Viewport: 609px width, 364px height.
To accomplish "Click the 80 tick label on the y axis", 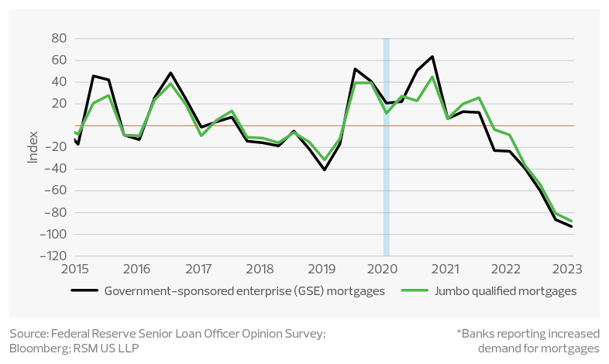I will tap(59, 38).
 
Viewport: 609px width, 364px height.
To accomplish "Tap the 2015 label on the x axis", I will tap(74, 269).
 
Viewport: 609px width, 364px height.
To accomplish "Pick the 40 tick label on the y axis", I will tap(59, 81).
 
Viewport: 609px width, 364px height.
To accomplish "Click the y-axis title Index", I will tap(33, 147).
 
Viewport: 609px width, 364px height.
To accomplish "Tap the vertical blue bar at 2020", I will tap(386, 147).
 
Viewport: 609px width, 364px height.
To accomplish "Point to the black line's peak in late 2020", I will tap(432, 57).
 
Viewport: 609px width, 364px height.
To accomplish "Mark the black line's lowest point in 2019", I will tap(324, 170).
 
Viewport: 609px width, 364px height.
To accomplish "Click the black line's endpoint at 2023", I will tap(573, 226).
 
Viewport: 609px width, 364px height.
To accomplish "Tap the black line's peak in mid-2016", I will tap(170, 73).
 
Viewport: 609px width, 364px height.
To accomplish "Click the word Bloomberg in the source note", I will tap(36, 348).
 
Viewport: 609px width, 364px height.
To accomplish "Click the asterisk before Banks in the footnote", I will tap(459, 334).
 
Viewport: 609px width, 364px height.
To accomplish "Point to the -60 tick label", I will tap(56, 191).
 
